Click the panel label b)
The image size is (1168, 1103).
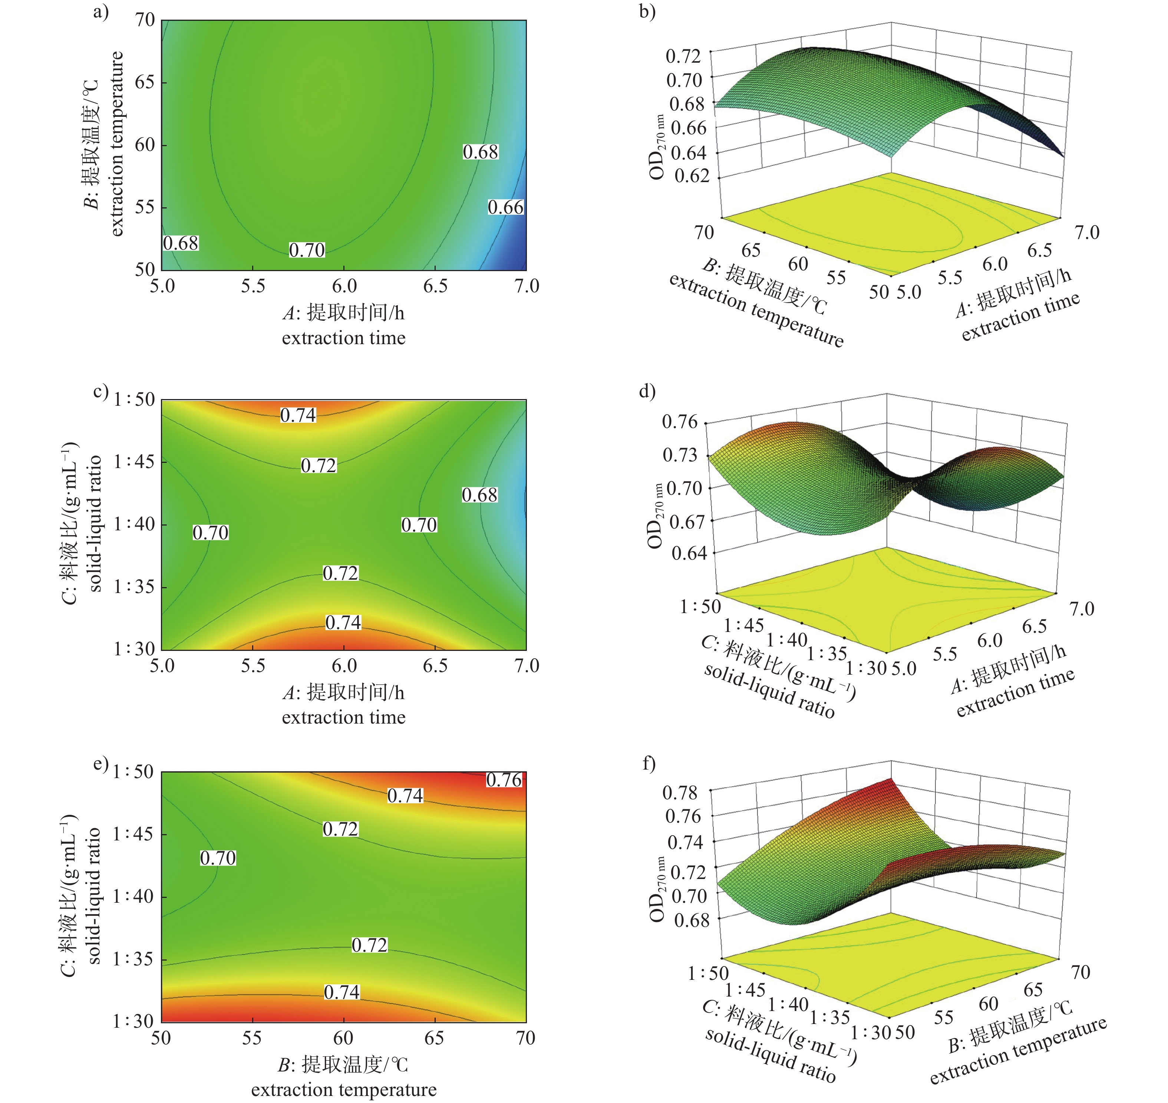point(647,12)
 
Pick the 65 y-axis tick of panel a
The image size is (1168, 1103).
point(145,82)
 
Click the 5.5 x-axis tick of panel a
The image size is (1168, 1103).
point(253,286)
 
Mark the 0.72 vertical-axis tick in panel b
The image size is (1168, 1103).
point(683,56)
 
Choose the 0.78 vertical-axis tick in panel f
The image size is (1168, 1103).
point(680,793)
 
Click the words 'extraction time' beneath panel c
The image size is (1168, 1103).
point(343,717)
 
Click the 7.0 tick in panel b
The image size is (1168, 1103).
point(1087,233)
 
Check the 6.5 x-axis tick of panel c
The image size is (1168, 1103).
point(435,666)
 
